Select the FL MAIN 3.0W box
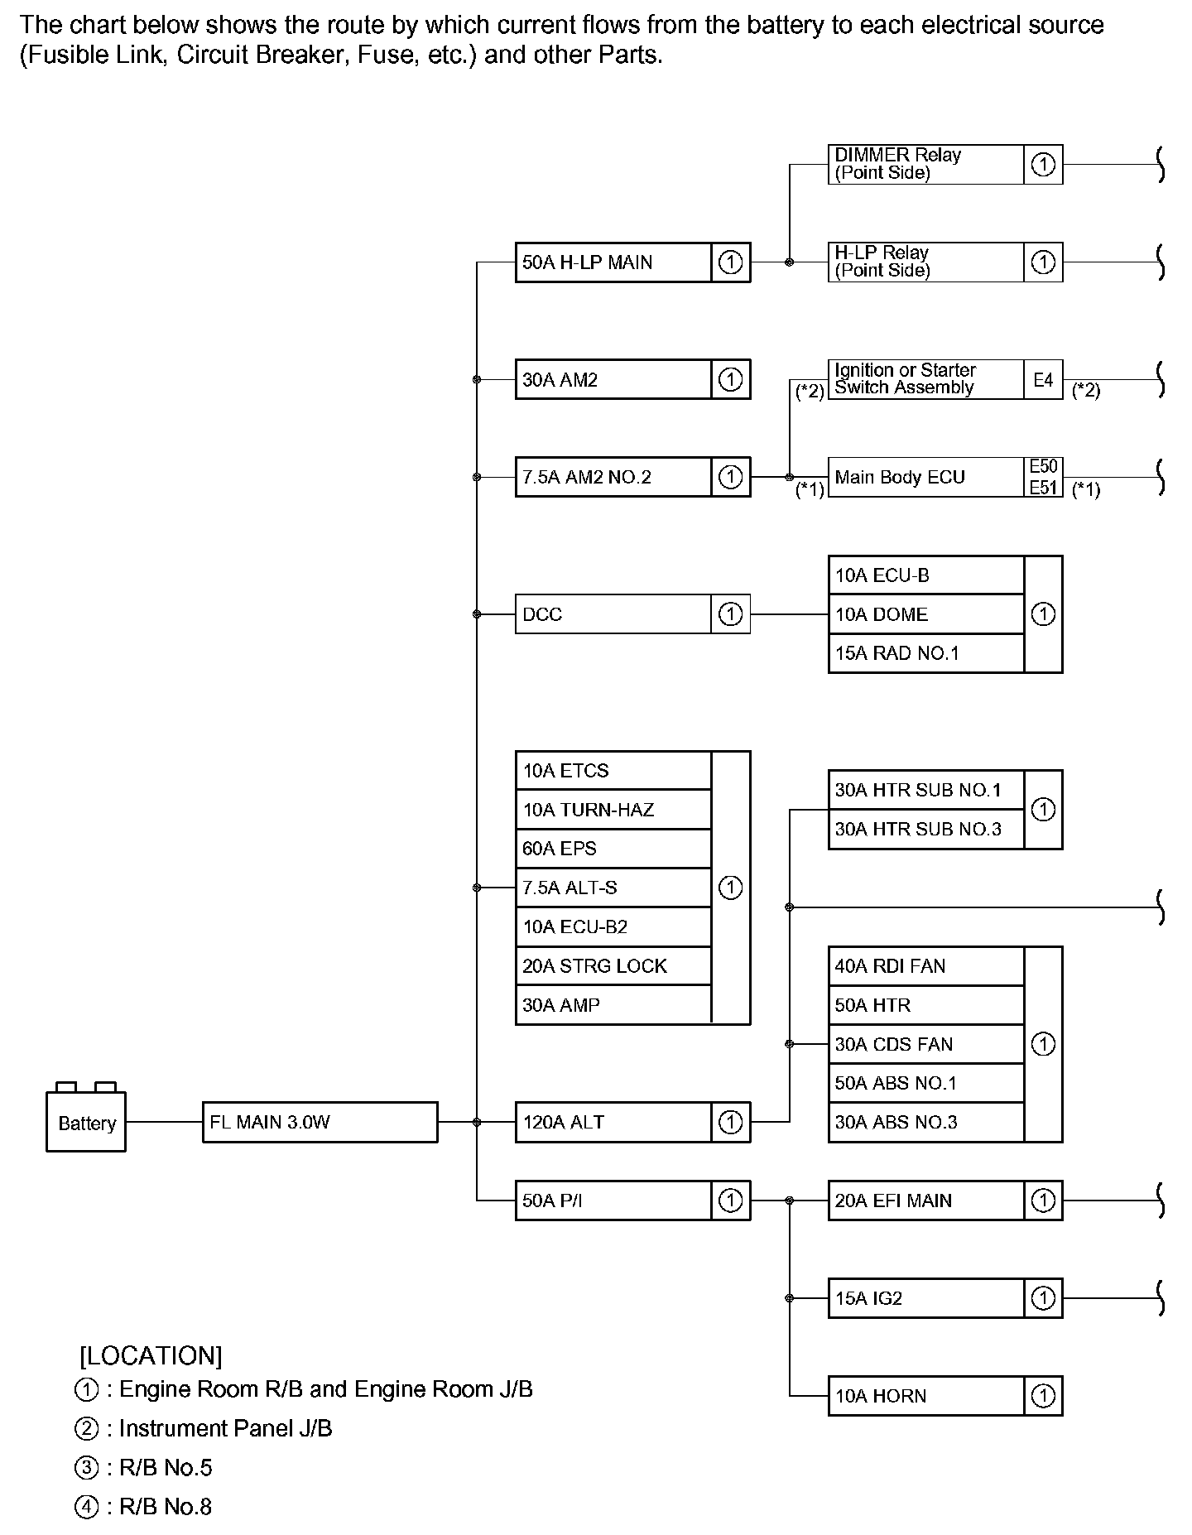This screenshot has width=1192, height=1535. click(x=320, y=1122)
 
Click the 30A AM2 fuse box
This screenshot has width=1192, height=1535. click(x=613, y=379)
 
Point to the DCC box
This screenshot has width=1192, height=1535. click(x=613, y=614)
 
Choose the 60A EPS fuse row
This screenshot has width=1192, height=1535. click(x=613, y=849)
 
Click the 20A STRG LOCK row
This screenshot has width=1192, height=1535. click(x=613, y=965)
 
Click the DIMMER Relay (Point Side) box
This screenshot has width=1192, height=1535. click(x=925, y=164)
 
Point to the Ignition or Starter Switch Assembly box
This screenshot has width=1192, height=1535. click(x=925, y=379)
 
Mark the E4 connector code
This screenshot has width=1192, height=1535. click(x=1043, y=379)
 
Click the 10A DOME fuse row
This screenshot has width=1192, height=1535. click(x=925, y=614)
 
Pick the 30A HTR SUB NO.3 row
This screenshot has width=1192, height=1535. click(x=925, y=829)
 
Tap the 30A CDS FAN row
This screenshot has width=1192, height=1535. click(x=925, y=1044)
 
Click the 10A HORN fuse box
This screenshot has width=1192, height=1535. click(x=925, y=1396)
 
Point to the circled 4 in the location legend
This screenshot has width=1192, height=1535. click(x=86, y=1507)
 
